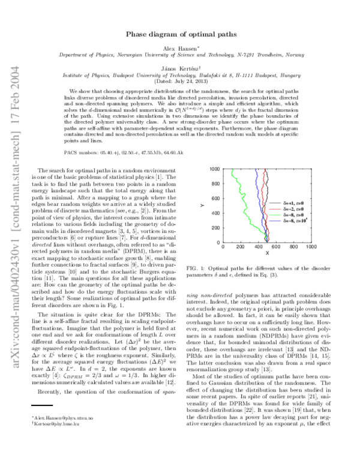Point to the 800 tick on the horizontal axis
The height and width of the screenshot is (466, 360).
(293, 247)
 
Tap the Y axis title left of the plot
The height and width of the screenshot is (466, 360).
(203, 206)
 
